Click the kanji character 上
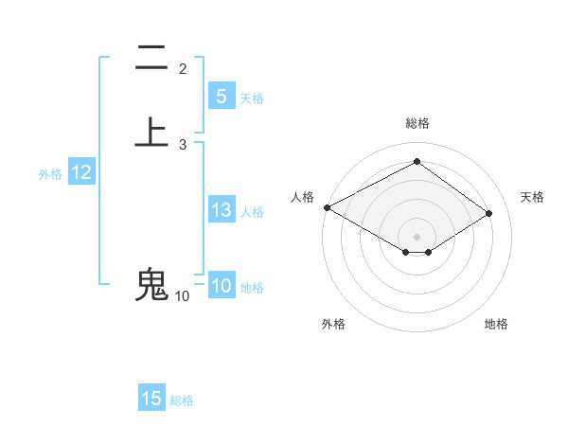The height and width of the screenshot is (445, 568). point(151,133)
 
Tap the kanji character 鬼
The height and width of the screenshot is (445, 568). point(151,285)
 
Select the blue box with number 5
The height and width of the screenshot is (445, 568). point(221,97)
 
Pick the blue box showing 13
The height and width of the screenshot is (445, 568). point(221,211)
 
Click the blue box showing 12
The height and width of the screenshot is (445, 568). point(81,173)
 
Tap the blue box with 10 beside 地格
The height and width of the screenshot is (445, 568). point(221,287)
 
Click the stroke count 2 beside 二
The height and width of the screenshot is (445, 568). point(183,69)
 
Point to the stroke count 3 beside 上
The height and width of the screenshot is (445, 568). point(183,145)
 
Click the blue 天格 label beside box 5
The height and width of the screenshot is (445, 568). point(252,98)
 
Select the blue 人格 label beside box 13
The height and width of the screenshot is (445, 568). point(252,212)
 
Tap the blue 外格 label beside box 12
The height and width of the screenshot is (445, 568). point(50,174)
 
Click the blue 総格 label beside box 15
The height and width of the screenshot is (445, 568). point(182,400)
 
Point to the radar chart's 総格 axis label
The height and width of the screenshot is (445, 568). point(417,123)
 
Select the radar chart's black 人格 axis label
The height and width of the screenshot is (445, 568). point(302,197)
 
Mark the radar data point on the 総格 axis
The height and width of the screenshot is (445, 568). point(417,162)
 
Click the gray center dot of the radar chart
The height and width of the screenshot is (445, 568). point(417,236)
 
